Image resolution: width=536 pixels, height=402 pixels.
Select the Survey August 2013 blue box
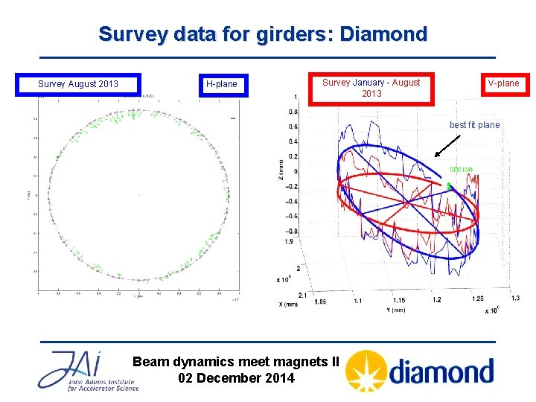click(78, 84)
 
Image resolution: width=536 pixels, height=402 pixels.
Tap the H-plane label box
click(221, 84)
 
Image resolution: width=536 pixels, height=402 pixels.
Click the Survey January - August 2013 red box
click(371, 88)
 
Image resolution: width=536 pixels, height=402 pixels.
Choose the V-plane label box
click(503, 83)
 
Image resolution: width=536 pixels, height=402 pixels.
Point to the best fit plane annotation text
click(474, 125)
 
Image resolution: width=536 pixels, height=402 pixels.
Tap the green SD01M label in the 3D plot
click(461, 170)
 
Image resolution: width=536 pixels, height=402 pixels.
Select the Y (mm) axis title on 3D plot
click(395, 310)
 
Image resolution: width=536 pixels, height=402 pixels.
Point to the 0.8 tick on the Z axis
click(293, 112)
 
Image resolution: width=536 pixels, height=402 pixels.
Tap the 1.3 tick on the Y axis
click(515, 299)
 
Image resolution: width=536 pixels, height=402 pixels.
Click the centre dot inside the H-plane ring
click(139, 195)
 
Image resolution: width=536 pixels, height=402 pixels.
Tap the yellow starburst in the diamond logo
click(366, 371)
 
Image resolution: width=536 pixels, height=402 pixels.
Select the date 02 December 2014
click(236, 378)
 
